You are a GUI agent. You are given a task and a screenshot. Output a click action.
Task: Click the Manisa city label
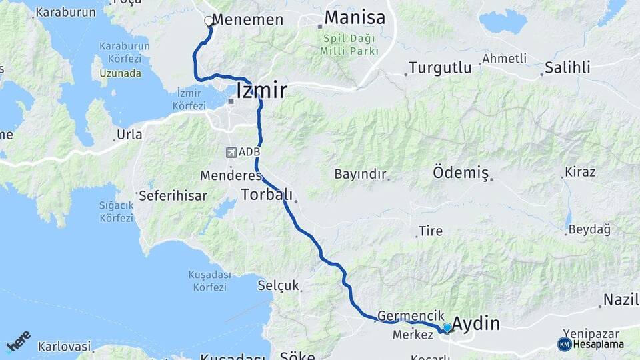pos(355,18)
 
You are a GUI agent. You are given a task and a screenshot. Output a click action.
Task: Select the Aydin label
pos(477,325)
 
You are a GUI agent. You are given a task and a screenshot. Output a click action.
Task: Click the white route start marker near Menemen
pos(209,21)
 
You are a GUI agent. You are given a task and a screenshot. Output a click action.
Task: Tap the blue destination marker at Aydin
pos(447,327)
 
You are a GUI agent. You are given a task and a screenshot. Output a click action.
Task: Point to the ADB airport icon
pos(231,153)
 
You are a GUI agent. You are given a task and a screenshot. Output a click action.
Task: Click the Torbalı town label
pos(267,195)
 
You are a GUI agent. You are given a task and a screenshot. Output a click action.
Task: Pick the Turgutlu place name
pos(440,67)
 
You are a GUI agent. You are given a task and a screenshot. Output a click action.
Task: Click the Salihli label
pos(567,67)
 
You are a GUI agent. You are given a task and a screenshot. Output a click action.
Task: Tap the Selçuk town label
pos(278,286)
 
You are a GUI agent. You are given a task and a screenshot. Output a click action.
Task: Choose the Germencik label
pos(401,315)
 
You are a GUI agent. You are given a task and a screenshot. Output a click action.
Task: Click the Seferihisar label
pos(173,196)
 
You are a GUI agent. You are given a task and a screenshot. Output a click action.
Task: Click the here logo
pos(18,341)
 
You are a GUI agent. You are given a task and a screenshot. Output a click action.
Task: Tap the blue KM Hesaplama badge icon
pos(565,344)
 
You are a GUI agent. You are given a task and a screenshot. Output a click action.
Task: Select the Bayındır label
pos(360,174)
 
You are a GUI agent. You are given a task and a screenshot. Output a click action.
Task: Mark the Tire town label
pos(430,232)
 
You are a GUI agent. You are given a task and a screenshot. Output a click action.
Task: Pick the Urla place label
pos(129,135)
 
